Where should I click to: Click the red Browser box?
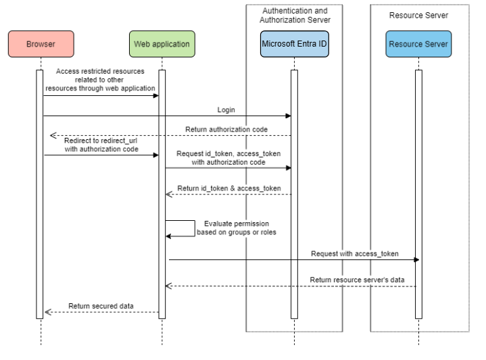pos(41,45)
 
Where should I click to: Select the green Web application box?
pos(162,45)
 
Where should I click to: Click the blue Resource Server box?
pos(418,45)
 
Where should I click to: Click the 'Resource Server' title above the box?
pos(418,14)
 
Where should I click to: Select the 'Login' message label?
pos(226,109)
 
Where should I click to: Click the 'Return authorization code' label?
pos(226,129)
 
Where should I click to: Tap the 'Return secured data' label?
pos(101,306)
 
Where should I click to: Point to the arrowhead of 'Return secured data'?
pos(47,313)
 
